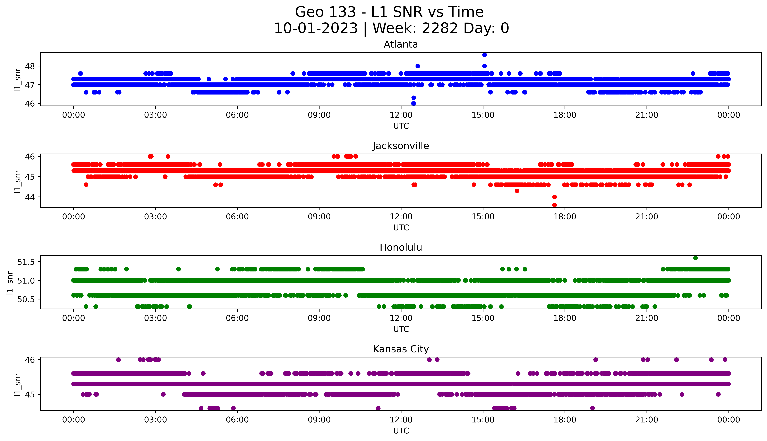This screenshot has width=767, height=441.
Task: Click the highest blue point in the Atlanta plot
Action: [x=484, y=55]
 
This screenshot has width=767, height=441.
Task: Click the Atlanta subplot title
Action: [x=401, y=44]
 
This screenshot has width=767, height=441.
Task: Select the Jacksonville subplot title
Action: [x=401, y=146]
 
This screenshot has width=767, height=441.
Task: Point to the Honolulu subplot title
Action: [x=401, y=247]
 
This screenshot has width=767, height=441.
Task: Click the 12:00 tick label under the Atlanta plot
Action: [x=401, y=115]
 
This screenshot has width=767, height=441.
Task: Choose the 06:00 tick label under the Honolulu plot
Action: [x=237, y=318]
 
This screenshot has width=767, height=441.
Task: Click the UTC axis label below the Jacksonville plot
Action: [x=401, y=227]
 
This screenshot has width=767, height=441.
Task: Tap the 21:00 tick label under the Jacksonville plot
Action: [x=647, y=217]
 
